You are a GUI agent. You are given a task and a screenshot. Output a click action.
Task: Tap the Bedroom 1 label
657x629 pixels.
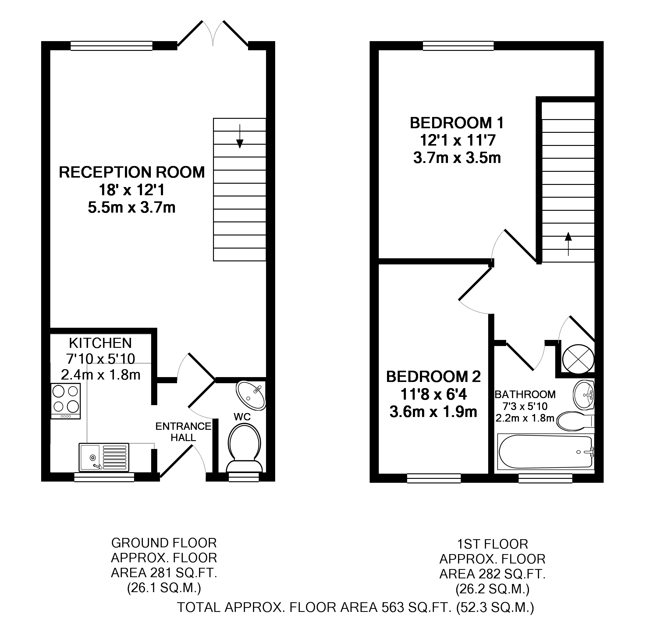tap(456, 123)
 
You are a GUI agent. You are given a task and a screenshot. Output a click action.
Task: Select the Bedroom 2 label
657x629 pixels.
tap(434, 377)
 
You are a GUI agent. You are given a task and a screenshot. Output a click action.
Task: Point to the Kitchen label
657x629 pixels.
tap(100, 344)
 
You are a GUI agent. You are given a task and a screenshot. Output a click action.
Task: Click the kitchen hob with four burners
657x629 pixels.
tap(66, 401)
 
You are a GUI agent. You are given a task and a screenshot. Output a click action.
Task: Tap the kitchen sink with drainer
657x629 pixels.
tap(104, 457)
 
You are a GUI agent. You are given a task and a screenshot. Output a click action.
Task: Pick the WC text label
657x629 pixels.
tap(242, 417)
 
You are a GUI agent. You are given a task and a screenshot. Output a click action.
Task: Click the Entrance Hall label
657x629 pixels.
tap(183, 432)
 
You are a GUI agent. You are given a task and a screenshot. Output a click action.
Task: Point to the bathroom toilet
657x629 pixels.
tap(574, 421)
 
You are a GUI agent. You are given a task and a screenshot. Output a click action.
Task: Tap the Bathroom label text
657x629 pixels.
tap(525, 395)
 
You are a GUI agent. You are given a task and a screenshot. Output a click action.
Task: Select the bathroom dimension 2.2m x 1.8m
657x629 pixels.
tap(525, 418)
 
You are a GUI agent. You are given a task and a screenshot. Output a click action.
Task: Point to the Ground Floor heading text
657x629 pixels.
tap(164, 543)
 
